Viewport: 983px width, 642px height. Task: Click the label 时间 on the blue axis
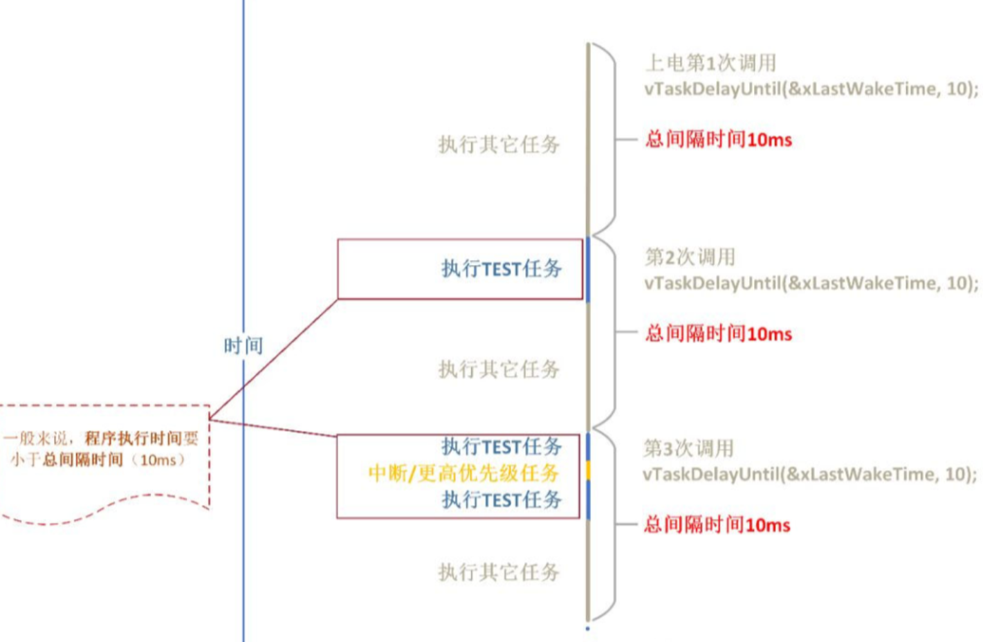point(244,345)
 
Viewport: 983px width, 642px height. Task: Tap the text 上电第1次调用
point(710,63)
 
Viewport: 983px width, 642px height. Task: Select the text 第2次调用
point(690,257)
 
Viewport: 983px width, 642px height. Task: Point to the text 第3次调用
point(688,448)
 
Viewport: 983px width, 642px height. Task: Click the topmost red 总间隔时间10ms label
point(718,140)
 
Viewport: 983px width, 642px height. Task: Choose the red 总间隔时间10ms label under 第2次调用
point(718,334)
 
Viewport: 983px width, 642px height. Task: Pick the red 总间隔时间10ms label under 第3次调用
point(717,525)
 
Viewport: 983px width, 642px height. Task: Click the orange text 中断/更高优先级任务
point(463,473)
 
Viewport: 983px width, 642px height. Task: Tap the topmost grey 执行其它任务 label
point(499,145)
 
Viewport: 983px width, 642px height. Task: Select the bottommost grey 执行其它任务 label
point(499,572)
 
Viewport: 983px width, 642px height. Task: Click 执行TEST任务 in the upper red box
point(502,268)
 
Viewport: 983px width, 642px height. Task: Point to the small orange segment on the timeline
point(588,470)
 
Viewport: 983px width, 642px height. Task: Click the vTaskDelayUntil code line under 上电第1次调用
point(811,89)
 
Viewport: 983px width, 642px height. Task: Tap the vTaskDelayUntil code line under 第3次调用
point(809,475)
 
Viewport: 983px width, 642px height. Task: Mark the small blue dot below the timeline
point(587,629)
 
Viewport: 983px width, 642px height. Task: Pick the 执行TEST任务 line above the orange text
point(502,446)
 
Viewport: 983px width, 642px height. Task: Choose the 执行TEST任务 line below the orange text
point(502,499)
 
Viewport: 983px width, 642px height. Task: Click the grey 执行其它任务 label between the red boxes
point(499,369)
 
